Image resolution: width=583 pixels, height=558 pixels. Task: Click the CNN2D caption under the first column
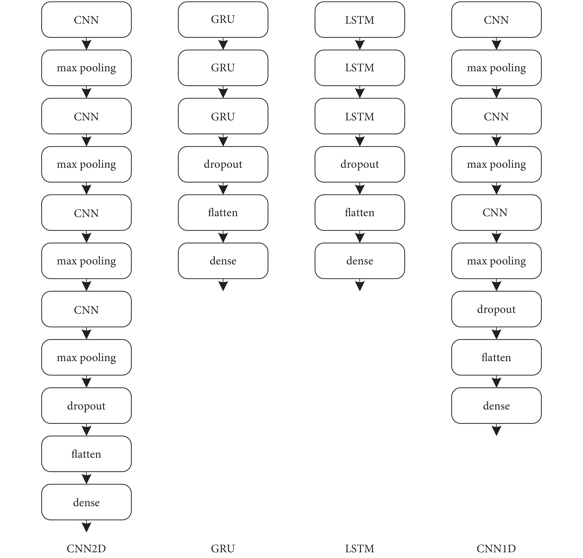point(86,548)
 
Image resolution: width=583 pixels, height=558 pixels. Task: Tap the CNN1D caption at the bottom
point(496,548)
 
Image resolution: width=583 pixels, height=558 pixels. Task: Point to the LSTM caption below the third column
point(360,548)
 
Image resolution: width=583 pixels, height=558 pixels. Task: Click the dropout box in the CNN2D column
point(86,405)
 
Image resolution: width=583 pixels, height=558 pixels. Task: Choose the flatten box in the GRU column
point(223,212)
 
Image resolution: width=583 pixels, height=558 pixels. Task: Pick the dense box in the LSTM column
point(360,261)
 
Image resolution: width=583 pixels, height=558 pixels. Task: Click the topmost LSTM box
point(360,20)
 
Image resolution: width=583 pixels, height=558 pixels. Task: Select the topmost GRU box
point(223,20)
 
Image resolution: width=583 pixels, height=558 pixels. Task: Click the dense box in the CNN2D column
point(86,502)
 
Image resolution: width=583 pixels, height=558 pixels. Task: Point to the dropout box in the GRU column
point(223,164)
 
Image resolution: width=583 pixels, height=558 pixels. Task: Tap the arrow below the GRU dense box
point(223,285)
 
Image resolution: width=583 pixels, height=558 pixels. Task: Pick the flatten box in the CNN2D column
point(86,454)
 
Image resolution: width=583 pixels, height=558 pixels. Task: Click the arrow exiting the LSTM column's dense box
point(360,285)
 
